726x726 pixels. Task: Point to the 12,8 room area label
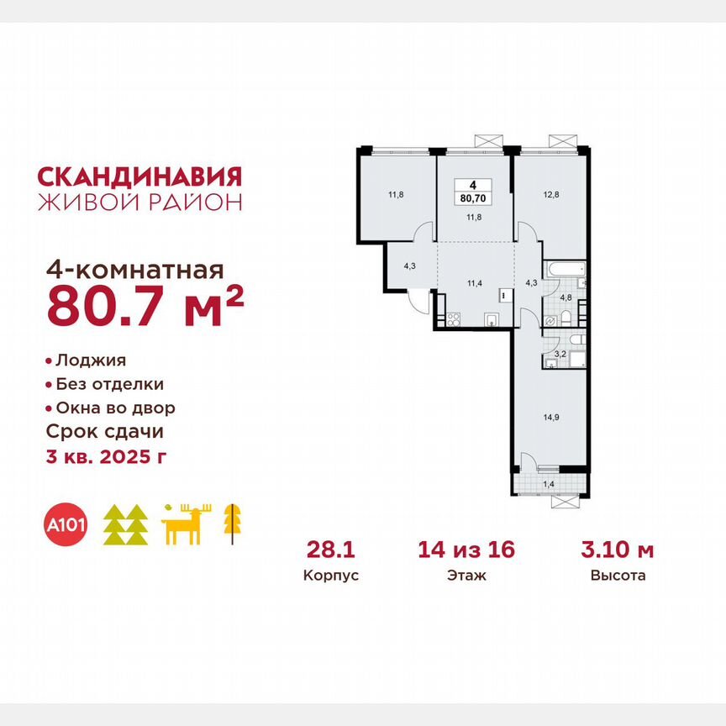click(550, 193)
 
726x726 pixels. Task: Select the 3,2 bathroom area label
click(558, 355)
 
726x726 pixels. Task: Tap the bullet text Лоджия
click(90, 360)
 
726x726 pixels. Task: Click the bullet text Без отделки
click(109, 384)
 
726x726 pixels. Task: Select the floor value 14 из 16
click(466, 550)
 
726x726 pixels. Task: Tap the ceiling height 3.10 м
click(618, 550)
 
